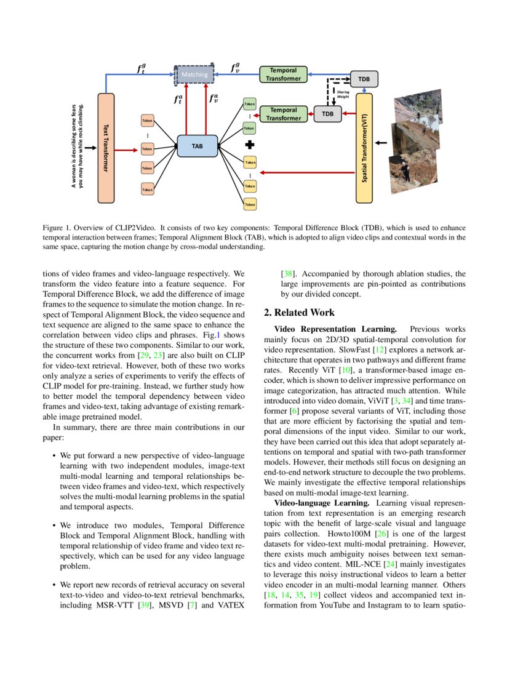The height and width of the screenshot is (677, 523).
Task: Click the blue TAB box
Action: [197, 146]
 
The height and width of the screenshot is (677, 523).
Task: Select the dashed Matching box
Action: [194, 74]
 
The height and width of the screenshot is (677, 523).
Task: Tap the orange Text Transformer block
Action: [106, 148]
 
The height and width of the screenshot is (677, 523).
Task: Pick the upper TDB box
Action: [364, 79]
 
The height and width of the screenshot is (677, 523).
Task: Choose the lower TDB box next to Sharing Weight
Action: [328, 114]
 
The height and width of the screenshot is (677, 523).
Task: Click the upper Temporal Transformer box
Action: [284, 74]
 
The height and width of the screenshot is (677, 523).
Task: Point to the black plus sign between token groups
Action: [250, 145]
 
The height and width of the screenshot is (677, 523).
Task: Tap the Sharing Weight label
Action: [343, 94]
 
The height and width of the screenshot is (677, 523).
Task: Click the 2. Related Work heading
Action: [309, 313]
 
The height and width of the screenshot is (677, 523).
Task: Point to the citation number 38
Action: [287, 274]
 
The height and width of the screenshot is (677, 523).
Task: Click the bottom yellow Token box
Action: [250, 204]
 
